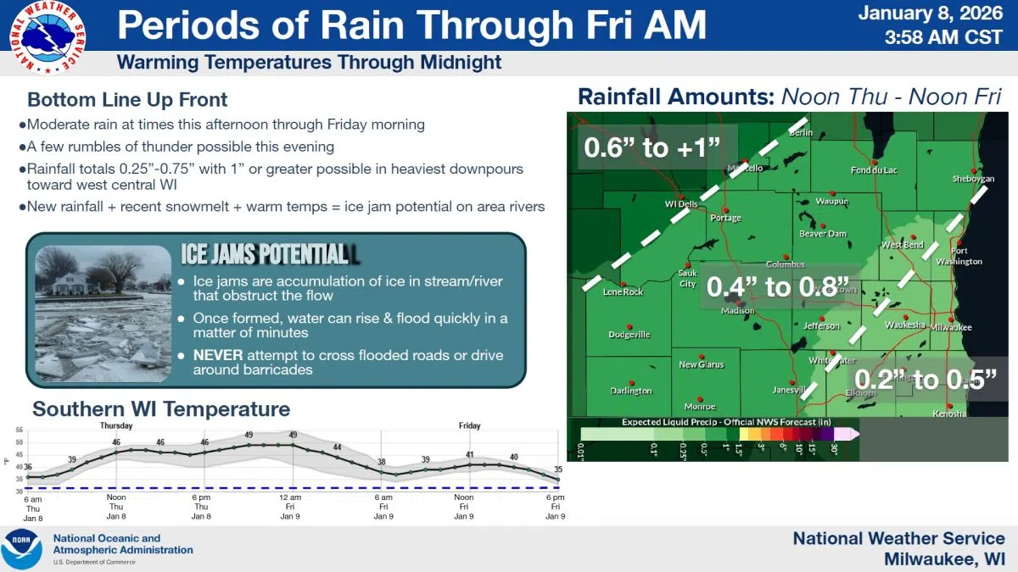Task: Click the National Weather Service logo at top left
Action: tap(48, 36)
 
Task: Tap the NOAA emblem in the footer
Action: tap(22, 549)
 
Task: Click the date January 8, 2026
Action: tap(931, 14)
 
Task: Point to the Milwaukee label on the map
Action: tap(951, 327)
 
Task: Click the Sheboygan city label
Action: tap(972, 180)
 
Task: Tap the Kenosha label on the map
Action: tap(948, 414)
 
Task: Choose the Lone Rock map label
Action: tap(623, 292)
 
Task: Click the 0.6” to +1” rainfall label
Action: tap(652, 148)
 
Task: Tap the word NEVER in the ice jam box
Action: tap(217, 354)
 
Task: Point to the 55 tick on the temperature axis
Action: tap(19, 430)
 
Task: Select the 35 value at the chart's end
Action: tap(557, 469)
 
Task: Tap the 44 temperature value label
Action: tap(337, 447)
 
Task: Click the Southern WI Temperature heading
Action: tap(161, 409)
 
